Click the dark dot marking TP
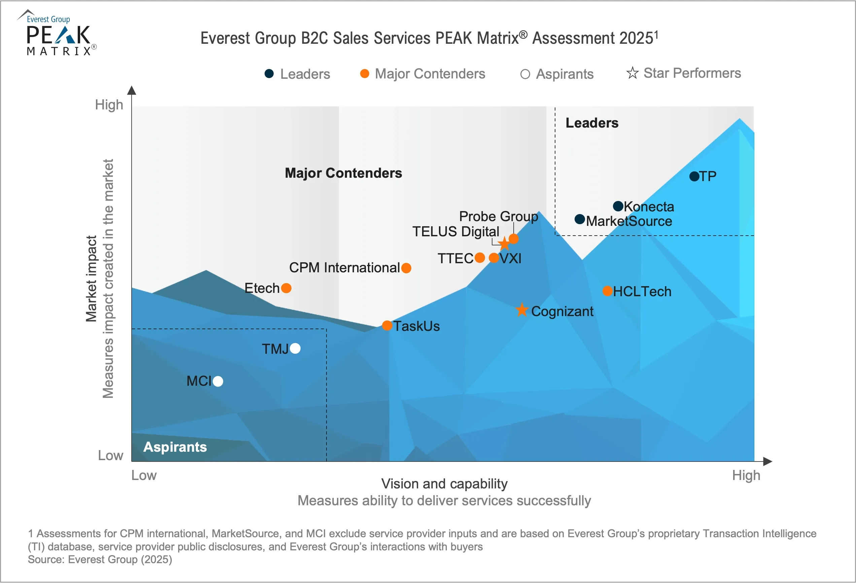point(694,176)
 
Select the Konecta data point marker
point(618,206)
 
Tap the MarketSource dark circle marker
point(580,219)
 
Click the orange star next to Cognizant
point(521,310)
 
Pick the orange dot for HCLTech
point(607,291)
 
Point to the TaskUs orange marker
point(387,325)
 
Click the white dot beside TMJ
point(295,348)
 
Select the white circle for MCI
point(218,381)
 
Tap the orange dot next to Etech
point(286,288)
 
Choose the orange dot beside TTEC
point(480,258)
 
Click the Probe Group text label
point(498,216)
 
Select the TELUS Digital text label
point(456,232)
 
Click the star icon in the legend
point(632,73)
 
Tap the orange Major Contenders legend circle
point(365,74)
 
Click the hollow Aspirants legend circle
point(525,74)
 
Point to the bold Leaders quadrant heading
point(592,123)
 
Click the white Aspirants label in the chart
point(175,447)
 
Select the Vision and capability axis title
point(444,484)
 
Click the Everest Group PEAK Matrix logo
point(58,33)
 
